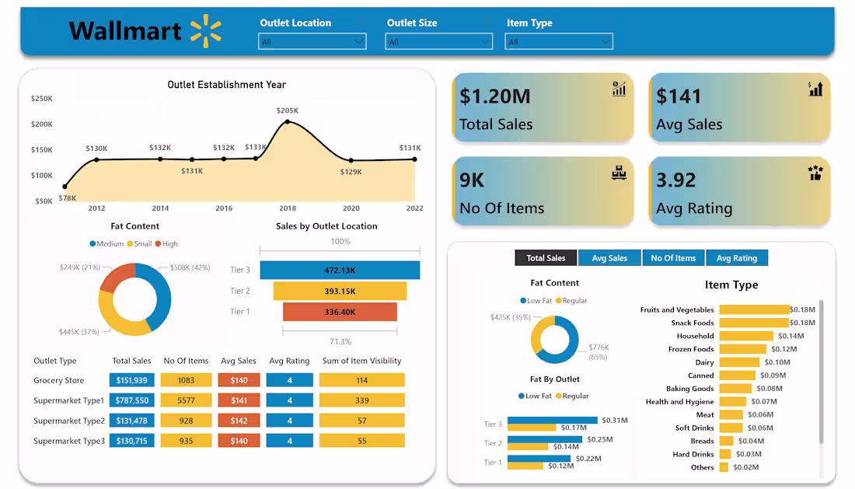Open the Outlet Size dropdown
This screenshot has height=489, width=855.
(439, 41)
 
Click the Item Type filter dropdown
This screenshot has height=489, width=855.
(560, 41)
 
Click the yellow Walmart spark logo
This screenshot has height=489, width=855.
(205, 30)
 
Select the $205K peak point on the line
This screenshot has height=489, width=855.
(288, 122)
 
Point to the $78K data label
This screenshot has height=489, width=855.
(68, 197)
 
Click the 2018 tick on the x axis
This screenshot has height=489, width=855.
(288, 208)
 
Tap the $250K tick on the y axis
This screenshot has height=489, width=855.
(42, 99)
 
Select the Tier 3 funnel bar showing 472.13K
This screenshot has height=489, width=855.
(340, 270)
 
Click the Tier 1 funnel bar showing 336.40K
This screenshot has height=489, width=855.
(340, 312)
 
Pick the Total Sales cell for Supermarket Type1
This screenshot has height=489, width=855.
(132, 400)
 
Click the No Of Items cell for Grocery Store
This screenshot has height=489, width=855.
(186, 380)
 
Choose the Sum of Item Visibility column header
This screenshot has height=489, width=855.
(362, 361)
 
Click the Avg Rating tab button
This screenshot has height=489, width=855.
(736, 258)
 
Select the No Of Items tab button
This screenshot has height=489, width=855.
(673, 258)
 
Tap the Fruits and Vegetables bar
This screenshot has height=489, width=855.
(754, 309)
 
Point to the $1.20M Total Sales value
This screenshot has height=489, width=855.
(495, 96)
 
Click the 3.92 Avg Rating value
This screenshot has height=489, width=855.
(676, 180)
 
